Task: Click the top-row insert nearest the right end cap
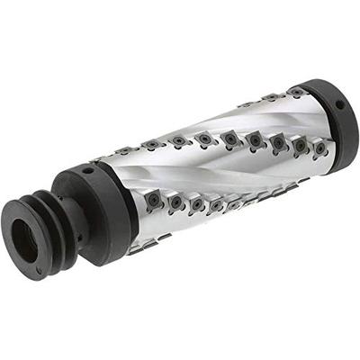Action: (x=296, y=92)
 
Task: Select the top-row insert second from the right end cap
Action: (x=269, y=96)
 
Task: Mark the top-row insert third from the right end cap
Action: (x=244, y=102)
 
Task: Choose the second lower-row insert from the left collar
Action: (x=175, y=204)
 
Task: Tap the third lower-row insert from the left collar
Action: (x=197, y=205)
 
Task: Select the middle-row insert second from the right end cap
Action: (x=300, y=144)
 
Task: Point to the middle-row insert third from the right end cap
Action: (x=278, y=141)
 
